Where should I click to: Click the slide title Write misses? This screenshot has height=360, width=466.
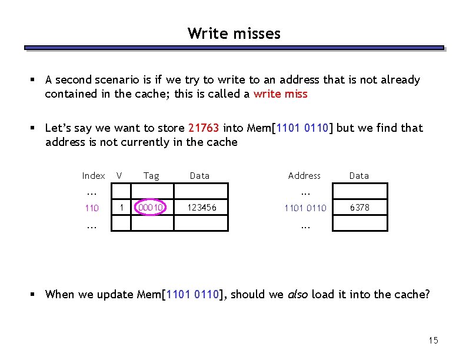click(234, 34)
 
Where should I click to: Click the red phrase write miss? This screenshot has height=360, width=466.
click(280, 94)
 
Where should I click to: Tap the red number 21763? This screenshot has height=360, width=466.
click(204, 128)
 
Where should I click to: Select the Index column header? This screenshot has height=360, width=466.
click(94, 175)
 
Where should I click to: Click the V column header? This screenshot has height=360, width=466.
click(119, 175)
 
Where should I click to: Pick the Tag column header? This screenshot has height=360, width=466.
click(151, 175)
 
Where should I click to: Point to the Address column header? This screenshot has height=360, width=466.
click(304, 175)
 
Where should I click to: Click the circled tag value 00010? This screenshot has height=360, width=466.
click(151, 208)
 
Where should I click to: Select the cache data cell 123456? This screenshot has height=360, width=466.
click(201, 208)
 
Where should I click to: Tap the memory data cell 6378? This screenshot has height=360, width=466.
click(360, 208)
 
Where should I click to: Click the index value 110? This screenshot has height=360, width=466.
click(92, 208)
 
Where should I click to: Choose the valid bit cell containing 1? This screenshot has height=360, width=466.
click(121, 207)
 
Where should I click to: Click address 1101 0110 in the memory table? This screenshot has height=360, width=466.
click(305, 208)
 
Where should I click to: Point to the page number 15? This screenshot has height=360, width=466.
click(434, 341)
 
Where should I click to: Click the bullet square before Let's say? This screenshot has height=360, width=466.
click(35, 128)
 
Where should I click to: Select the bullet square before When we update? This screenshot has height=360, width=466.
click(35, 294)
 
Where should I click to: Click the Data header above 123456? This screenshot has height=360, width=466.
click(199, 175)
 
